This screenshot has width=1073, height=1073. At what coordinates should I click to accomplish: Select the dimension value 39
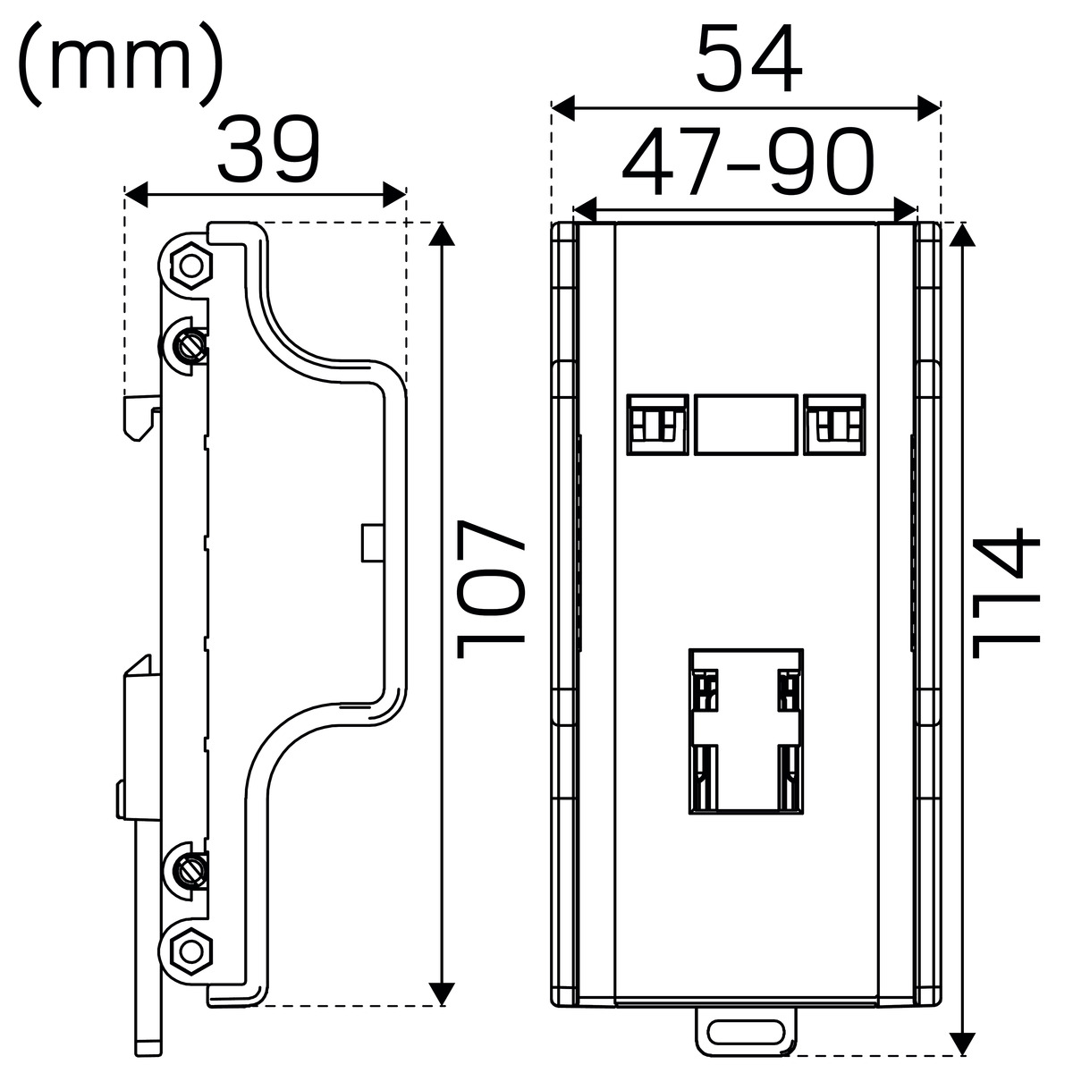pyautogui.click(x=268, y=149)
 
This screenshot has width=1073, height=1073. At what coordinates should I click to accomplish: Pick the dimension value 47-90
pyautogui.click(x=748, y=162)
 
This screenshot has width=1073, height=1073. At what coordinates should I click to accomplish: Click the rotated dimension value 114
pyautogui.click(x=1006, y=593)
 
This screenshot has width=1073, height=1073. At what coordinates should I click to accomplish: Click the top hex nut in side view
pyautogui.click(x=191, y=266)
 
